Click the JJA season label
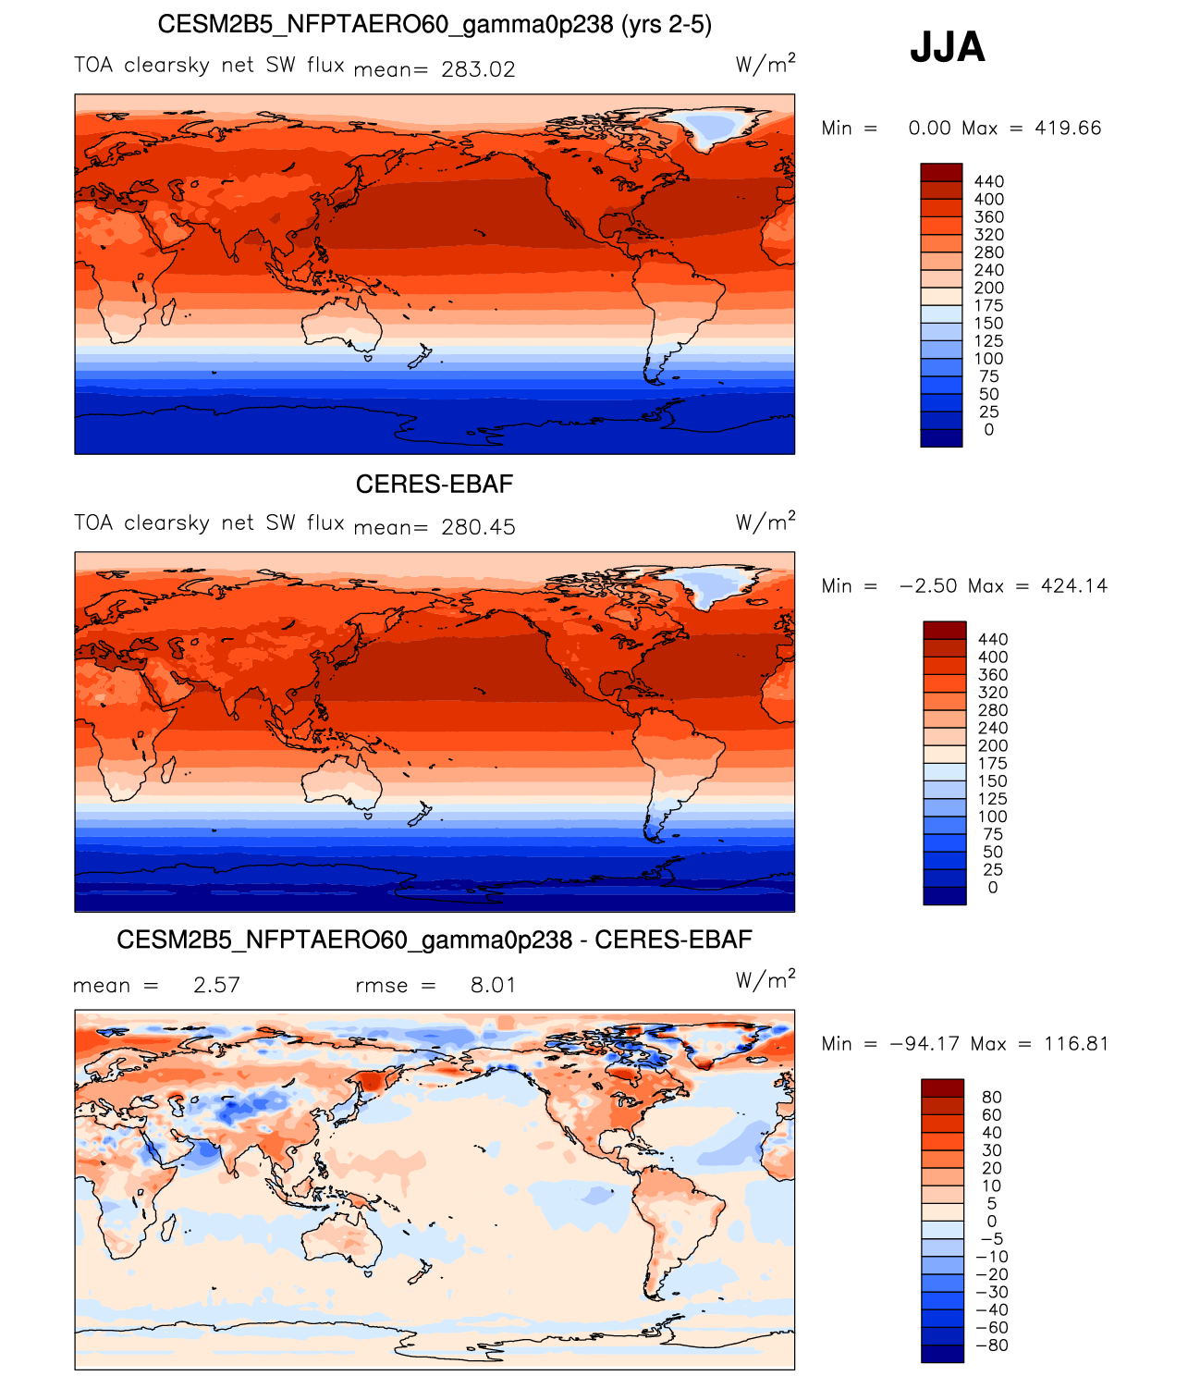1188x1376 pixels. [x=948, y=47]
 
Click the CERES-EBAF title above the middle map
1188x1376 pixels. [x=434, y=485]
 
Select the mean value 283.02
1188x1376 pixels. [x=478, y=69]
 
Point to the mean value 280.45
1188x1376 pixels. [x=478, y=527]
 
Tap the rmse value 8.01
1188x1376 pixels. [x=493, y=985]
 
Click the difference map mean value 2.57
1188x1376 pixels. [x=216, y=985]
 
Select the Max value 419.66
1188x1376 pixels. [x=1068, y=129]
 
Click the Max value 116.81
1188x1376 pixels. [x=1076, y=1044]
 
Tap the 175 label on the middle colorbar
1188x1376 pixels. [x=992, y=764]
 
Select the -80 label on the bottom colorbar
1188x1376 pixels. [x=992, y=1345]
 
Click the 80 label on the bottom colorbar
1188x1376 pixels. [x=991, y=1098]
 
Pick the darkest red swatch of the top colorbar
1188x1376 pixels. [x=941, y=172]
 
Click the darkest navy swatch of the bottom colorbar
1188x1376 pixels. [x=942, y=1354]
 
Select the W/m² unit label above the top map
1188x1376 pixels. [x=765, y=64]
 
